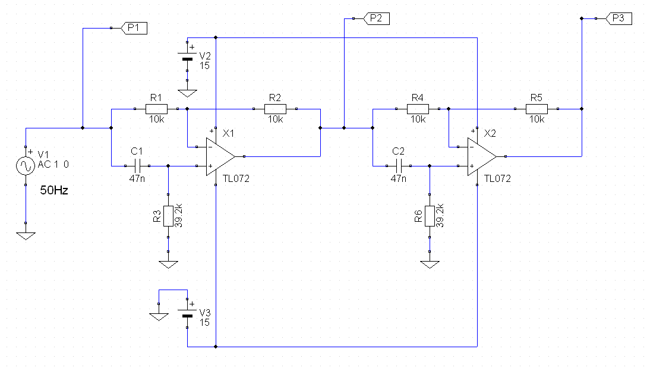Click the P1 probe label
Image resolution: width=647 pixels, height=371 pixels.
click(x=134, y=28)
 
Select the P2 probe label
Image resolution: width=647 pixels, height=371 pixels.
click(x=376, y=18)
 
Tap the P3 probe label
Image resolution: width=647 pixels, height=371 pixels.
click(x=618, y=18)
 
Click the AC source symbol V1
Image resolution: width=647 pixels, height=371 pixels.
click(x=25, y=166)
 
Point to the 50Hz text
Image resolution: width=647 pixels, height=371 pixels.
click(x=54, y=190)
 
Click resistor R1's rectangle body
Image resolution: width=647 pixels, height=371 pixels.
click(x=156, y=109)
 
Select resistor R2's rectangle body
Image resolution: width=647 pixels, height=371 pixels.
click(x=275, y=109)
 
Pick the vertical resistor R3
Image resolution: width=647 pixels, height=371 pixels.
click(x=168, y=216)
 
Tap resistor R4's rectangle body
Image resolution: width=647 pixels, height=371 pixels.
click(x=418, y=109)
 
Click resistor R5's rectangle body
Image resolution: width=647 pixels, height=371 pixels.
click(x=537, y=109)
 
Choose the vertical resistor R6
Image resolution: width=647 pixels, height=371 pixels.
click(x=430, y=216)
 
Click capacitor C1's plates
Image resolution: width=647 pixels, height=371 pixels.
click(x=137, y=166)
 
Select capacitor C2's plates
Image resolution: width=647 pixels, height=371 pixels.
click(x=399, y=166)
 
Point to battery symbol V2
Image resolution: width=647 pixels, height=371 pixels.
click(x=187, y=56)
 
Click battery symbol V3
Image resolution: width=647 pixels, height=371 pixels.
click(x=187, y=313)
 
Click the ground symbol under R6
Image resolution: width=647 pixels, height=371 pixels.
click(x=430, y=265)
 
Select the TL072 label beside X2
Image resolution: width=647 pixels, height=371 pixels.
click(x=497, y=179)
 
